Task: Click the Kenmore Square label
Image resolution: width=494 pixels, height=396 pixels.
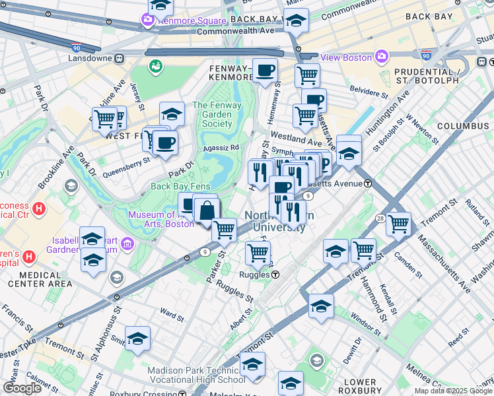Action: pos(182,19)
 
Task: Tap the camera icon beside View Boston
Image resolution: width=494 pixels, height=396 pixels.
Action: pos(381,57)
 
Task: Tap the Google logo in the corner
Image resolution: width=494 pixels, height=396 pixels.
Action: pos(22,388)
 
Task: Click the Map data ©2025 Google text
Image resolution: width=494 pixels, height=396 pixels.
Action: pos(453,391)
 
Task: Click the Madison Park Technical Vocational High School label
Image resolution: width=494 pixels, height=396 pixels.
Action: pos(196,375)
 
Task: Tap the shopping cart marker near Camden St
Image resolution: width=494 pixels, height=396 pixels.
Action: pos(399,224)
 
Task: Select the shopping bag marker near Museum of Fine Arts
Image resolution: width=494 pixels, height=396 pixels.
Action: pos(207,211)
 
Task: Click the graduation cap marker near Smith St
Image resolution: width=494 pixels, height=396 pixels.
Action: pos(137,339)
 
